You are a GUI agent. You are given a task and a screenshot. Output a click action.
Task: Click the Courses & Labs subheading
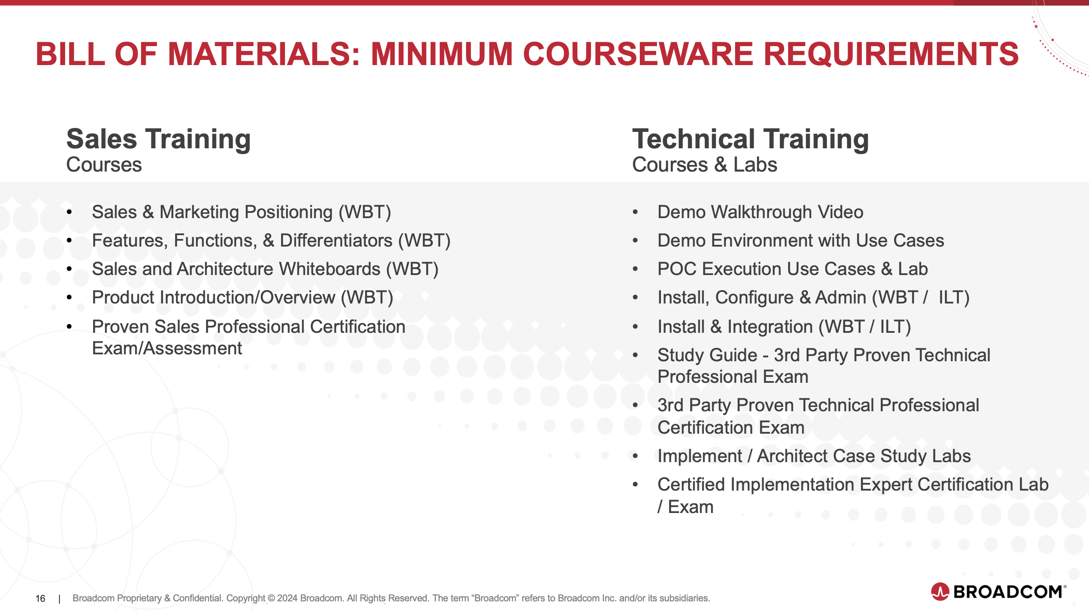(x=704, y=165)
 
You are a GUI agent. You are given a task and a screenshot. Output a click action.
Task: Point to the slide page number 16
(x=40, y=598)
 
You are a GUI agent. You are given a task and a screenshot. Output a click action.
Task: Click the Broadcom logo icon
(x=940, y=591)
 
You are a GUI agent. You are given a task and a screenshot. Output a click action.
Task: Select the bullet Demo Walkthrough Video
(x=760, y=212)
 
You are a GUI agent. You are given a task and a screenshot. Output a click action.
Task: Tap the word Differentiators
(x=336, y=240)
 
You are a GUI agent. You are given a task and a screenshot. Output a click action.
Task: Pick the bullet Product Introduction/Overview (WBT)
(x=242, y=297)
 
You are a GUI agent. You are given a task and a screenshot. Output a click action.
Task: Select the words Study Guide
(x=707, y=355)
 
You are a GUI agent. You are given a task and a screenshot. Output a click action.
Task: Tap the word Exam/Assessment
(x=167, y=348)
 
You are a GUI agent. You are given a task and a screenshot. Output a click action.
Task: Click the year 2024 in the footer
(x=287, y=598)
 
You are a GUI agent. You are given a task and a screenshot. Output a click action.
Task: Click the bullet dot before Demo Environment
(x=635, y=241)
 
